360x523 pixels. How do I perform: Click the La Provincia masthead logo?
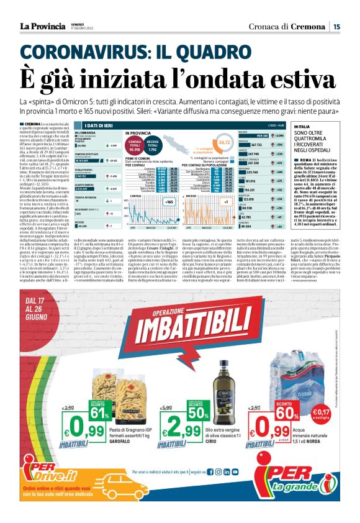coord(42,26)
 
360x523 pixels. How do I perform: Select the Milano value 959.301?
coord(275,135)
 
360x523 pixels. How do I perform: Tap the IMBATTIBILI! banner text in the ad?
coord(180,326)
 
